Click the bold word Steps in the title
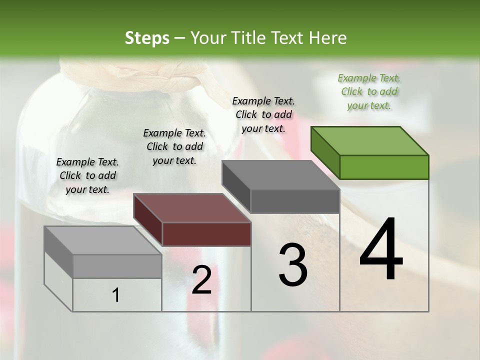[147, 38]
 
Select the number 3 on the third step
[293, 265]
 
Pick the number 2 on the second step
[201, 280]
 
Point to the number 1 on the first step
[116, 295]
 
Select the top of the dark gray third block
[281, 175]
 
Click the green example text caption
[369, 91]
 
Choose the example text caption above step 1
[87, 175]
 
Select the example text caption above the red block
[174, 146]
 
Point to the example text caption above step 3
[263, 114]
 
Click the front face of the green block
[384, 167]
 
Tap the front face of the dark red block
[206, 234]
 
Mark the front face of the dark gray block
[295, 201]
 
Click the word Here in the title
[327, 38]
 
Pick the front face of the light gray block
[117, 266]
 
